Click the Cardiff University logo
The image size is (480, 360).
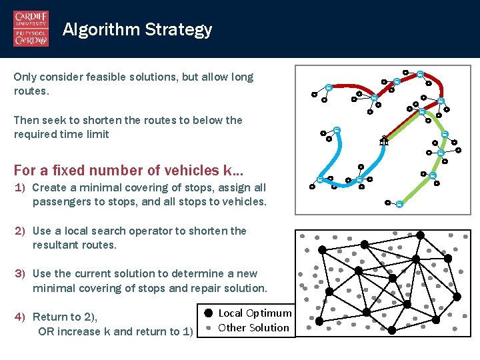31,29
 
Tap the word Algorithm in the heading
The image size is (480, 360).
101,29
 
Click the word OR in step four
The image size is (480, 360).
47,331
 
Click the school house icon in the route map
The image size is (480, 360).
383,141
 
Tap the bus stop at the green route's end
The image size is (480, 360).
399,204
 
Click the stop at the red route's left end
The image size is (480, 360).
329,87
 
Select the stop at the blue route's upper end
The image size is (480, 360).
337,130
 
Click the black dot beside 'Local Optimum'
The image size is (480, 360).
209,313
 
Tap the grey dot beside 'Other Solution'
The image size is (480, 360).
209,328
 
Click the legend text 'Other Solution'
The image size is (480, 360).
253,328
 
